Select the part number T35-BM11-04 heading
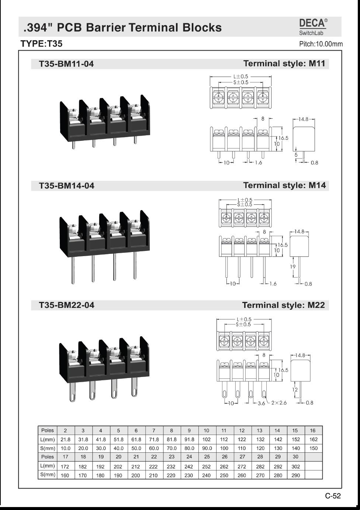coord(66,64)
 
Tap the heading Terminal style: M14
coord(284,185)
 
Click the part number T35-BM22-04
coord(66,305)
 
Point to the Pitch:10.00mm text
coord(321,44)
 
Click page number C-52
coord(333,496)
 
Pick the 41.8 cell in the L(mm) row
coord(101,439)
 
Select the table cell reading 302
coord(295,466)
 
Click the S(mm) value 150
coord(313,448)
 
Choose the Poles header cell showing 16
coord(313,430)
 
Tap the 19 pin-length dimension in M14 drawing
coord(293,266)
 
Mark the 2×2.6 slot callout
coord(279,403)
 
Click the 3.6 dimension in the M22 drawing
coord(262,403)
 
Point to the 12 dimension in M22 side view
coord(295,390)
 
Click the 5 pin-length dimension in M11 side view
coord(296,155)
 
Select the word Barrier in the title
coord(106,28)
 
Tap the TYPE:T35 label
coord(41,44)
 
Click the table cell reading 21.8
coord(65,439)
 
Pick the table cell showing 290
coord(295,475)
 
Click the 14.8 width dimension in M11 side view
coord(304,119)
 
